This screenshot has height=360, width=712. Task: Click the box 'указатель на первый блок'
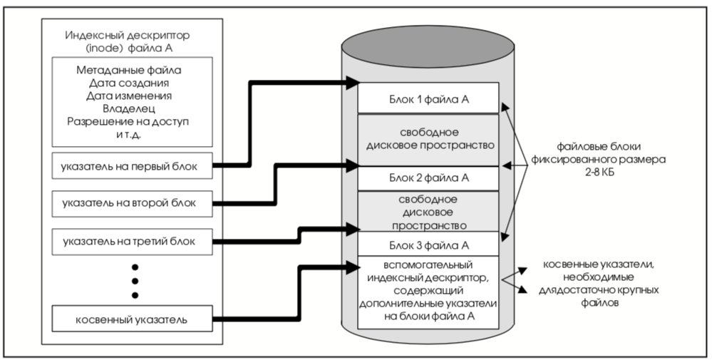click(132, 166)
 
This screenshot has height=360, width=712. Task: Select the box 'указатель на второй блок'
click(132, 203)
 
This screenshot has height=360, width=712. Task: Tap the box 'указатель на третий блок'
click(132, 242)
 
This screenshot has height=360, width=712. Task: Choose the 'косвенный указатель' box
click(132, 319)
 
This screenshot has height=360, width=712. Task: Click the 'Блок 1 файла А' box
click(428, 98)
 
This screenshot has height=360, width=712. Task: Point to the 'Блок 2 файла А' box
click(428, 178)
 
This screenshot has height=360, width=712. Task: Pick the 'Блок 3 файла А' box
click(428, 245)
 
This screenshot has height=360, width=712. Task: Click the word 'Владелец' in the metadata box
click(129, 109)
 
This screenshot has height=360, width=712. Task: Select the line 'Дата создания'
click(129, 83)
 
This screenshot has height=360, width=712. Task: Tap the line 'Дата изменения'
click(129, 96)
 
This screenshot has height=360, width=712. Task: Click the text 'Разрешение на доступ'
click(128, 122)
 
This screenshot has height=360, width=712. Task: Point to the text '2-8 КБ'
click(599, 172)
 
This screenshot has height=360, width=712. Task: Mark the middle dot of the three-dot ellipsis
click(135, 281)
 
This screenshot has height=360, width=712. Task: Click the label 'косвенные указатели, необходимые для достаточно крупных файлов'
click(599, 284)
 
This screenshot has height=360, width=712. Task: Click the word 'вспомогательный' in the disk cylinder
click(428, 264)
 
